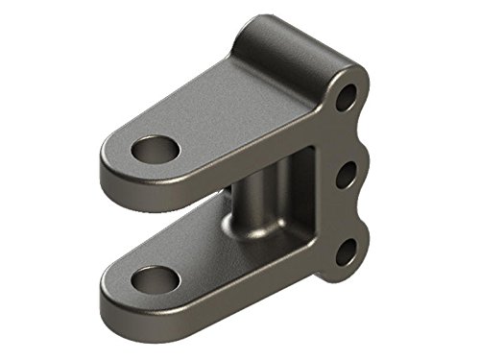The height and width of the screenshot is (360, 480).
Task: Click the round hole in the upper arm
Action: pos(156,151)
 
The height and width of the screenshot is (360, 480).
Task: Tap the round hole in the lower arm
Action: pos(154,280)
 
